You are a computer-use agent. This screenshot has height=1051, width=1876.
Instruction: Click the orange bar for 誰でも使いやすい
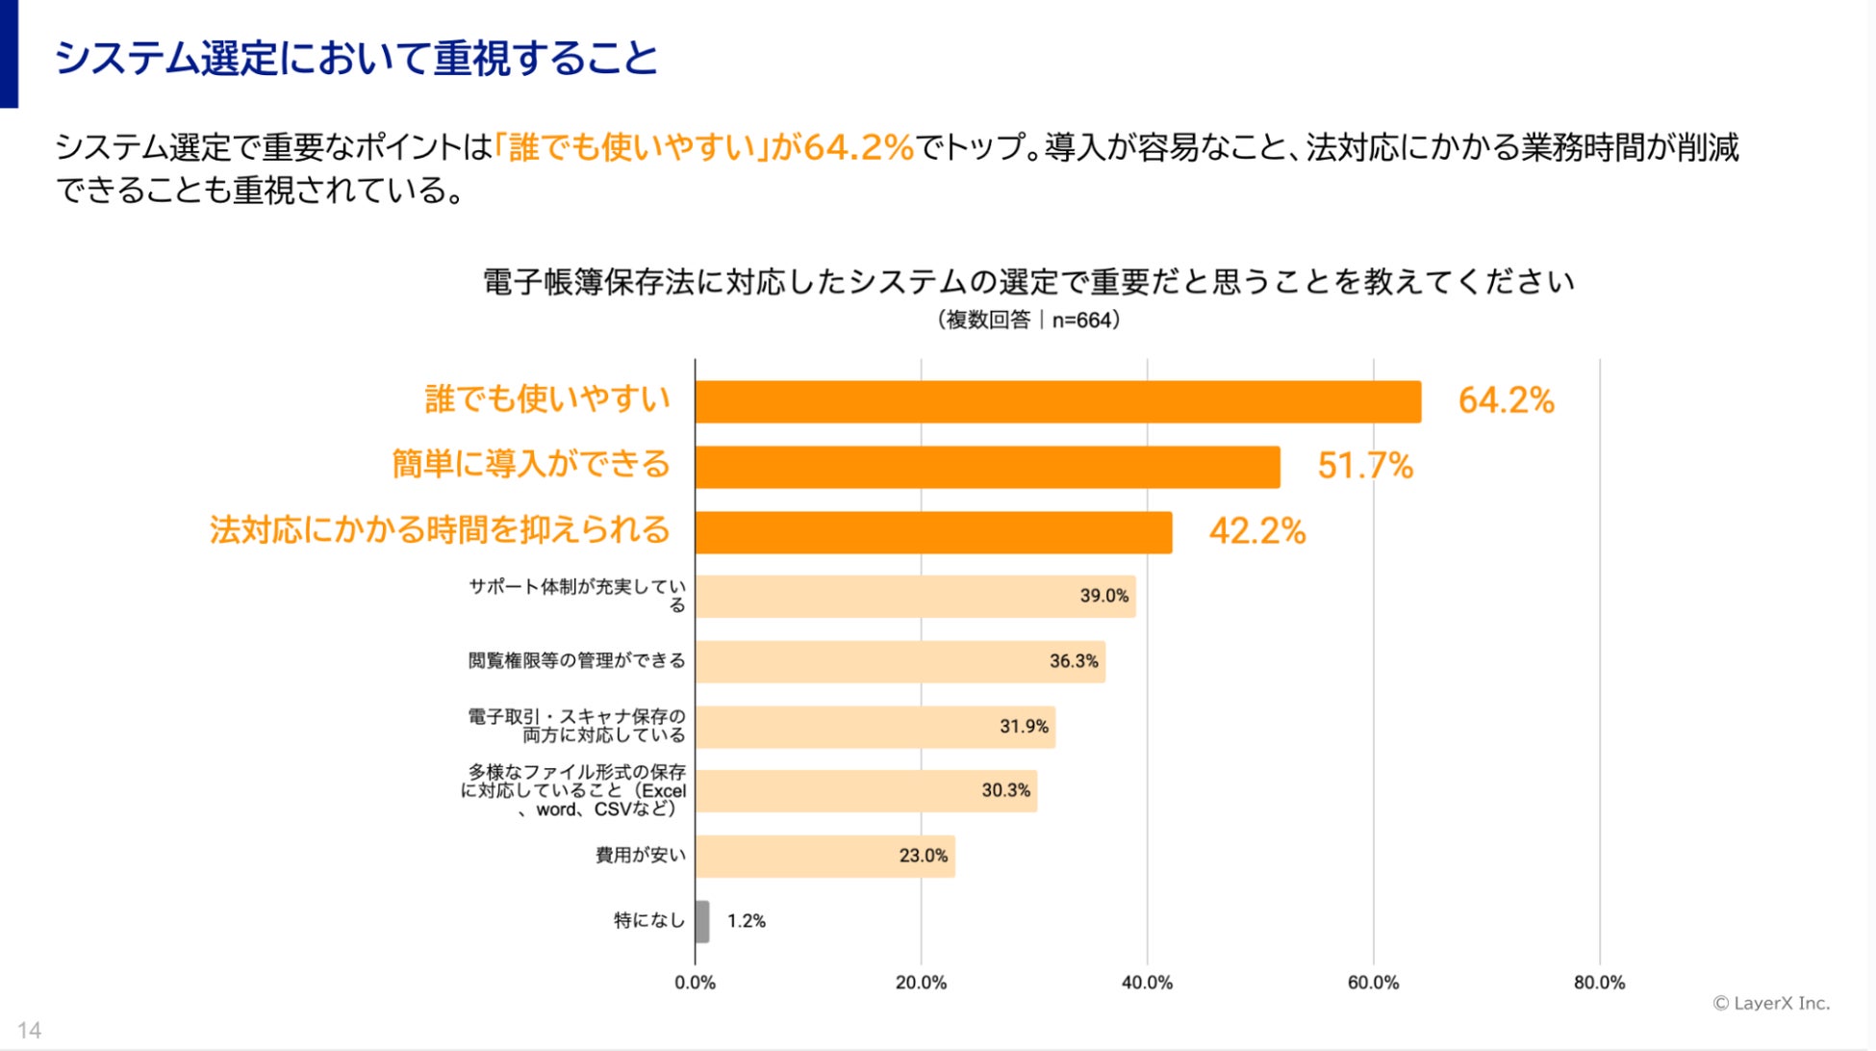(1057, 401)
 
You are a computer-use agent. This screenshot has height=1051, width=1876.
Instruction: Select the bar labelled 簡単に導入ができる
(987, 467)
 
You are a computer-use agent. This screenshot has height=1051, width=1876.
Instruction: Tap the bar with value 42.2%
(933, 532)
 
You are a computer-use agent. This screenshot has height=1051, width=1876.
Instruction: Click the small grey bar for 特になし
(702, 921)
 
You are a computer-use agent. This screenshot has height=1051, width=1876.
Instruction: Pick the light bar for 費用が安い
(824, 856)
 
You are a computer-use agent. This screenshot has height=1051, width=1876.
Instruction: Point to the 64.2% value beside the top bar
(1506, 400)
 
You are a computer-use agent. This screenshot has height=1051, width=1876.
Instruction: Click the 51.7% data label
(1364, 466)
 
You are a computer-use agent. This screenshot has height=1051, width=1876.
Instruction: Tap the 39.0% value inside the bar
(1103, 596)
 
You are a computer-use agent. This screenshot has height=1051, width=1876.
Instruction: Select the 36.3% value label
(1074, 661)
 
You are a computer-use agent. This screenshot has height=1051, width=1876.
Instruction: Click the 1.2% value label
(746, 921)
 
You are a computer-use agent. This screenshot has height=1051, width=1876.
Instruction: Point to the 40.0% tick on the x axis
(1147, 983)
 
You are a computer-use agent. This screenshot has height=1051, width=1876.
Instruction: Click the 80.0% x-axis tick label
(1599, 983)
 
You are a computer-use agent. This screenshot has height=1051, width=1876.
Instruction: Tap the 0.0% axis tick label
(695, 983)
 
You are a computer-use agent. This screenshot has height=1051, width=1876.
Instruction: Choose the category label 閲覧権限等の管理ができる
(576, 660)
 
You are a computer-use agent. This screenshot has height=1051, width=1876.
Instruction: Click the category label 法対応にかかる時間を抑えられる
(440, 530)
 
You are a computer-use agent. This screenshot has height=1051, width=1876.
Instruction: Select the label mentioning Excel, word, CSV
(575, 790)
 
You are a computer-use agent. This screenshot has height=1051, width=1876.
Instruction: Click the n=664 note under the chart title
(1083, 320)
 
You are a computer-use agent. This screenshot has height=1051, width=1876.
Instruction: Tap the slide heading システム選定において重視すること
(356, 58)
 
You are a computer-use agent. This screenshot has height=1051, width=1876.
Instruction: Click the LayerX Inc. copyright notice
(1771, 1003)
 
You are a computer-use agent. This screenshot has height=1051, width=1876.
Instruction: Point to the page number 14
(29, 1030)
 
